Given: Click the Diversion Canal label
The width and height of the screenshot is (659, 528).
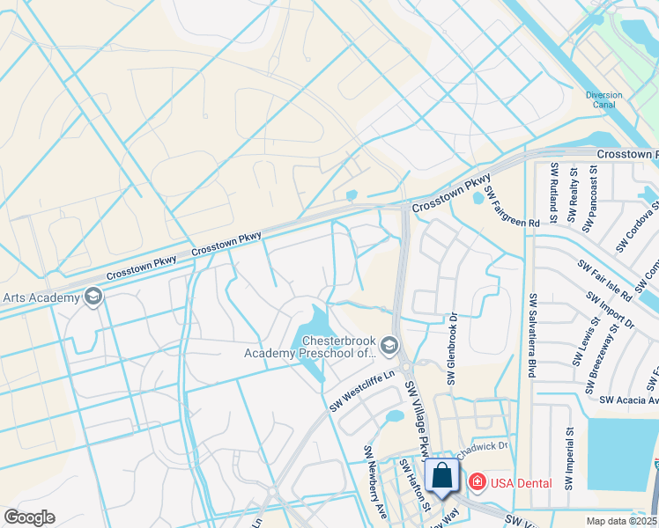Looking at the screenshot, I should (x=603, y=99).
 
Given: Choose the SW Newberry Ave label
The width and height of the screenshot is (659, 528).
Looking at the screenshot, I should (x=375, y=481).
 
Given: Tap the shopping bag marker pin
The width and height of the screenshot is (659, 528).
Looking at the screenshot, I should (x=441, y=475).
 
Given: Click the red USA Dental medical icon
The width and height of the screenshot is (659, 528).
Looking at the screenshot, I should (x=477, y=482).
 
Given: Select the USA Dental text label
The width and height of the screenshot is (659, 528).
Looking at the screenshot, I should (x=522, y=483).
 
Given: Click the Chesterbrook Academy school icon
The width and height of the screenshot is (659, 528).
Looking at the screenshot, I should (x=391, y=343).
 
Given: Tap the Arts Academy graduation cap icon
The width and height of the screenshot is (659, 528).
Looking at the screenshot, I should (x=93, y=297).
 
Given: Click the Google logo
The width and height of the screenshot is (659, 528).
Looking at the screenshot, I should (x=29, y=517).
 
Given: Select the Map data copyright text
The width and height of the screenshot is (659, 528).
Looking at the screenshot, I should (x=621, y=521).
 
